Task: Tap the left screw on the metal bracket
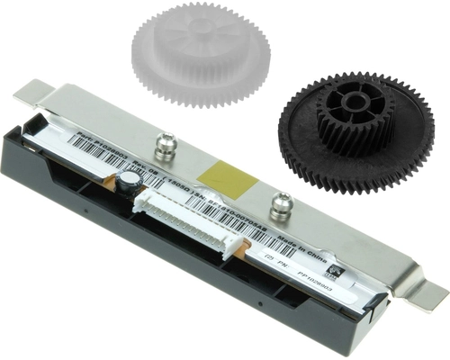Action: pyautogui.click(x=164, y=142)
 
